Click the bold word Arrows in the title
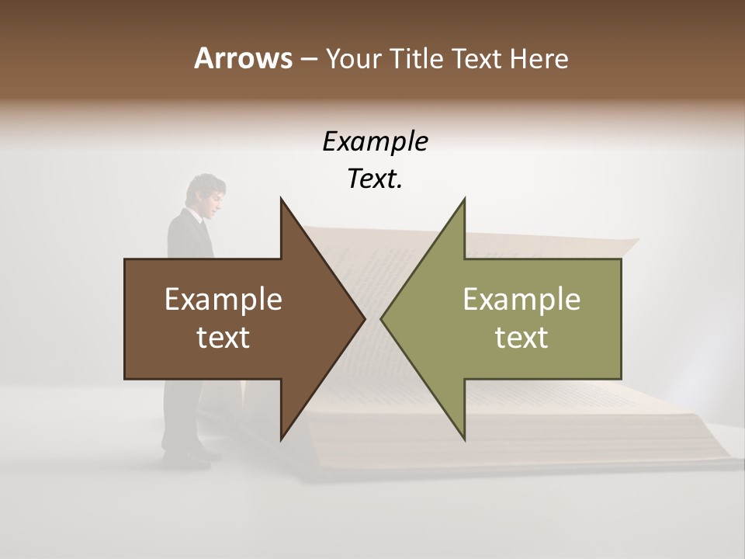pos(242,58)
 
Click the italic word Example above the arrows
pos(375,141)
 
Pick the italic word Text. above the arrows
pos(375,179)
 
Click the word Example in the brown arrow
pos(223,299)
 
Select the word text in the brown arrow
pos(223,338)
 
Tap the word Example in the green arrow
pos(521,299)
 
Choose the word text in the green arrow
pos(521,338)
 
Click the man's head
pos(209,191)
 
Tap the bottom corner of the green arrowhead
pos(464,439)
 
